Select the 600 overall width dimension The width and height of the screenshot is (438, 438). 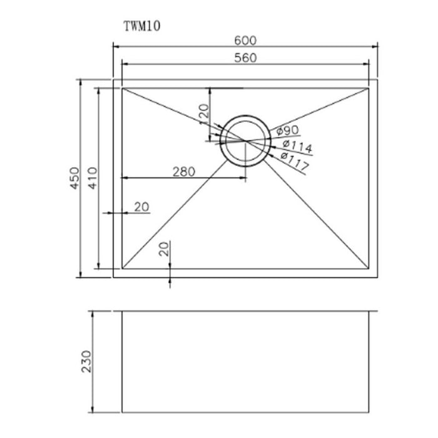click(x=246, y=40)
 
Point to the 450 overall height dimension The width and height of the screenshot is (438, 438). click(x=74, y=179)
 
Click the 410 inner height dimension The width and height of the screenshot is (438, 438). click(x=93, y=179)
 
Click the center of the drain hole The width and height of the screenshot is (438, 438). click(x=246, y=141)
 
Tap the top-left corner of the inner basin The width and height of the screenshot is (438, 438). click(x=122, y=88)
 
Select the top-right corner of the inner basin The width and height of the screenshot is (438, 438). click(x=369, y=88)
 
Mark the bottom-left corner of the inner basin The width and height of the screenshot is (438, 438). click(x=122, y=269)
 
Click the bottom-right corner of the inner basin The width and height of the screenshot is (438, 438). click(x=369, y=269)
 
